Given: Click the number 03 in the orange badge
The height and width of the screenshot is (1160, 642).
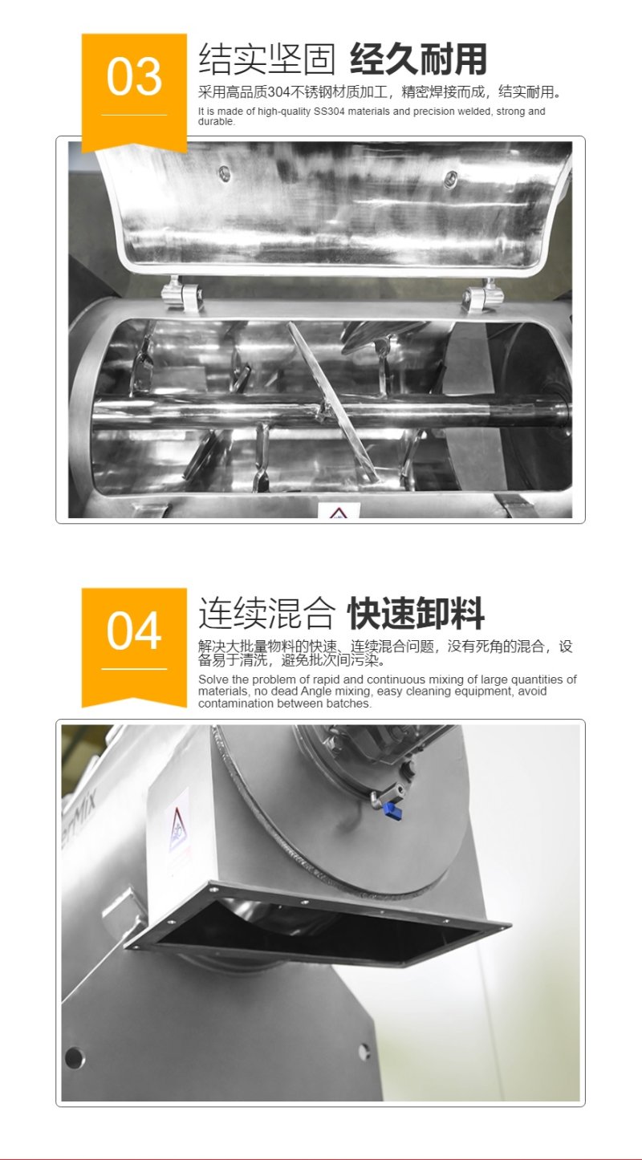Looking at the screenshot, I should (x=134, y=78).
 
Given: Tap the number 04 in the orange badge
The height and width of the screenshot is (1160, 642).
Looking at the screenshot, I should (x=134, y=632).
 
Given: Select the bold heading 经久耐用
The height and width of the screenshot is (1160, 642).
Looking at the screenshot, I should (x=418, y=59).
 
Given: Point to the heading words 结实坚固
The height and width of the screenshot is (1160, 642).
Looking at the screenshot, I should (x=266, y=59).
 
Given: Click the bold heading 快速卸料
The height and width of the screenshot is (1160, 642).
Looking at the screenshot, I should (x=416, y=614).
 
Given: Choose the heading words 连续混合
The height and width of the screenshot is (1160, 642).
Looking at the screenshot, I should (x=266, y=614).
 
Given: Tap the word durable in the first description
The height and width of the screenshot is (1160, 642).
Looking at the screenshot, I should (x=216, y=122).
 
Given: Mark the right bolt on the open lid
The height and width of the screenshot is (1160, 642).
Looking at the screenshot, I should (x=449, y=181).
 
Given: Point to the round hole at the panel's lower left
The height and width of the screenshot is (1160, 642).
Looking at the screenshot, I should (x=74, y=1057).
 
